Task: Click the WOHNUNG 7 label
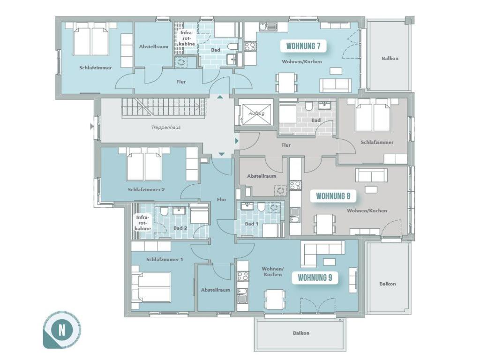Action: pos(303,46)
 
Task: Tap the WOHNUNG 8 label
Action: pos(333,196)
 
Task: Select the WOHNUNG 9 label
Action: pos(315,277)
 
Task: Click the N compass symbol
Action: pos(62,330)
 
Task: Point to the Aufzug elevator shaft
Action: pos(256,113)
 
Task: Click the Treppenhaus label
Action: pos(165,127)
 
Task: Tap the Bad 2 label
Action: pos(180,228)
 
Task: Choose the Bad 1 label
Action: pos(251,224)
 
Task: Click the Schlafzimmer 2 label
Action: pos(146,189)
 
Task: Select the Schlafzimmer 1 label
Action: pos(165,259)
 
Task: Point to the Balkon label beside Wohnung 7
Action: pos(390,58)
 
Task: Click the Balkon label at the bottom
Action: pos(301,333)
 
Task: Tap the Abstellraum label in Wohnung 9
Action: pos(216,290)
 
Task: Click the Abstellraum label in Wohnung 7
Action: pos(154,47)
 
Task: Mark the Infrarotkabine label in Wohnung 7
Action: pos(187,38)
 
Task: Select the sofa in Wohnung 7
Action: pos(336,85)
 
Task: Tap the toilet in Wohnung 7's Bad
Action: pos(233,46)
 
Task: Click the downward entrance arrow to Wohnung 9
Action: pos(222,154)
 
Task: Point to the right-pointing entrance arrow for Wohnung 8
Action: pos(237,141)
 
